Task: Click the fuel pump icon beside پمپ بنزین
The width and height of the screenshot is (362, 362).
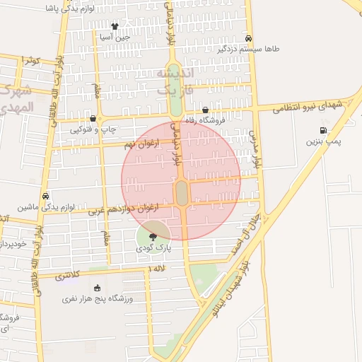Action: (324, 130)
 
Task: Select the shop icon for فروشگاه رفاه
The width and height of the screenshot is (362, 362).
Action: (206, 110)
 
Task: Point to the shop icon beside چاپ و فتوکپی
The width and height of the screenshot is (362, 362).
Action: (93, 119)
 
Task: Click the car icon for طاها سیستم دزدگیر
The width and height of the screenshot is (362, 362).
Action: (248, 38)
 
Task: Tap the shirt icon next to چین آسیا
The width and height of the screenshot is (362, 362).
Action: (115, 26)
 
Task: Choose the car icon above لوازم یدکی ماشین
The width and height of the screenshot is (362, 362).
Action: (46, 196)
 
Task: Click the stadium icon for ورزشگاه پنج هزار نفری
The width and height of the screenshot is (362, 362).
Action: (97, 288)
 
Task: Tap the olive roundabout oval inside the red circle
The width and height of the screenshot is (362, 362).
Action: (182, 192)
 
